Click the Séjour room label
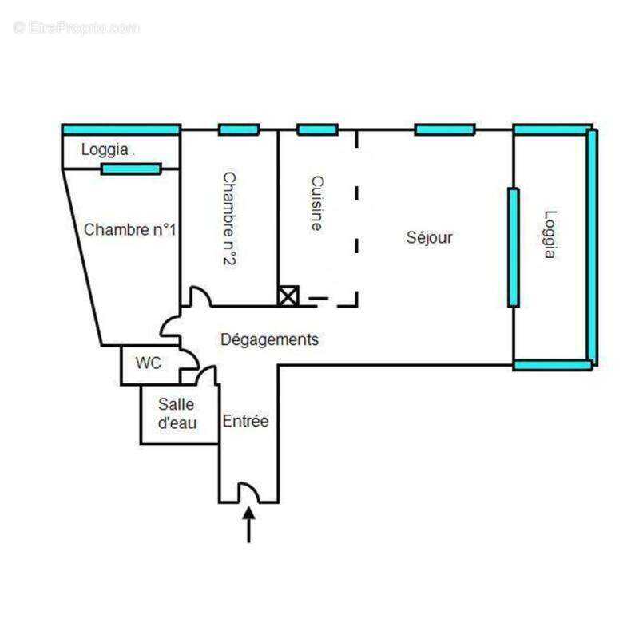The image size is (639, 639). [429, 237]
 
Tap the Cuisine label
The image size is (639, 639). [317, 204]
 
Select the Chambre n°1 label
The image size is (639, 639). [129, 230]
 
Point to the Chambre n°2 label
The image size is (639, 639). [229, 218]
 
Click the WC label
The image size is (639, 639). [149, 363]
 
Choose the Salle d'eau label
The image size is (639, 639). [177, 414]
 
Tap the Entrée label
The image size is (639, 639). [245, 421]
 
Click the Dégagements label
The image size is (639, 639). [269, 340]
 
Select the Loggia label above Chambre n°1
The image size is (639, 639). [105, 149]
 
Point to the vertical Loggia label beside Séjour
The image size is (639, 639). [550, 234]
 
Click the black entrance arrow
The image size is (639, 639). [249, 525]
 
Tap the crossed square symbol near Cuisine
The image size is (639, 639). [288, 296]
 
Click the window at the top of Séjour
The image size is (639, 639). [445, 130]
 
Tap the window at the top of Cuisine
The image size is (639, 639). [317, 130]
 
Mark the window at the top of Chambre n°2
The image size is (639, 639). [239, 130]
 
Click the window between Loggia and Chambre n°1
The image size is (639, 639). [131, 169]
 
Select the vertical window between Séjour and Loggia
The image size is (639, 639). [514, 248]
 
